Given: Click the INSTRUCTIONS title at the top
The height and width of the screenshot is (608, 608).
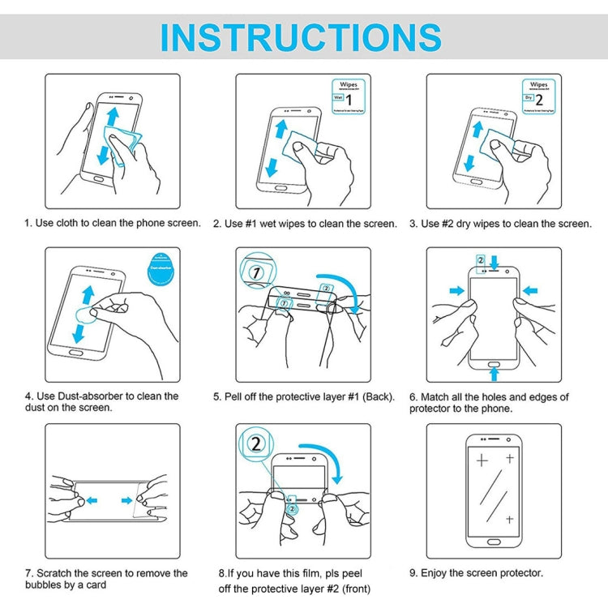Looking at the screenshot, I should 301,37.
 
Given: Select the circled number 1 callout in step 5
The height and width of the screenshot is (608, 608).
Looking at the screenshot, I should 257,274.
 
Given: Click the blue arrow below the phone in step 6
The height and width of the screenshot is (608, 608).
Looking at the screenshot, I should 495,372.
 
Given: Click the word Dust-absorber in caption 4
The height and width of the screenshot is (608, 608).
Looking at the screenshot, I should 86,396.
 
